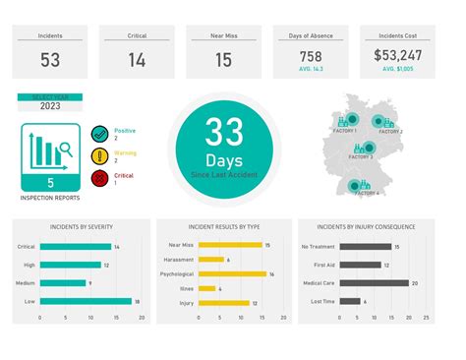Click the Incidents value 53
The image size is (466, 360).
[x=50, y=60]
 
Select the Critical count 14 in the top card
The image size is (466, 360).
[x=137, y=60]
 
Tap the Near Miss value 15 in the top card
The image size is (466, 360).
[x=223, y=60]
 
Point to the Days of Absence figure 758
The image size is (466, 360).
[x=311, y=56]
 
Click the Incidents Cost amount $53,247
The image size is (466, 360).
[x=399, y=56]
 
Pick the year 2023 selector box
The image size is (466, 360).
[x=49, y=105]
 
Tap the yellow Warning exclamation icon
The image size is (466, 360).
[x=98, y=156]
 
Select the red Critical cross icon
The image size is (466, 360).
[x=98, y=178]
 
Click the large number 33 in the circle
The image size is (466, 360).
[x=224, y=133]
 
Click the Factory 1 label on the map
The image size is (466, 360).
[x=346, y=130]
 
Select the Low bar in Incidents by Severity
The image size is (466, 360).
[x=86, y=301]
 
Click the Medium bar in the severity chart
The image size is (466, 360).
[x=64, y=282]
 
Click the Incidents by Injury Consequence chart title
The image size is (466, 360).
[x=373, y=227]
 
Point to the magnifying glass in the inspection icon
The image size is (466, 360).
[x=65, y=150]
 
